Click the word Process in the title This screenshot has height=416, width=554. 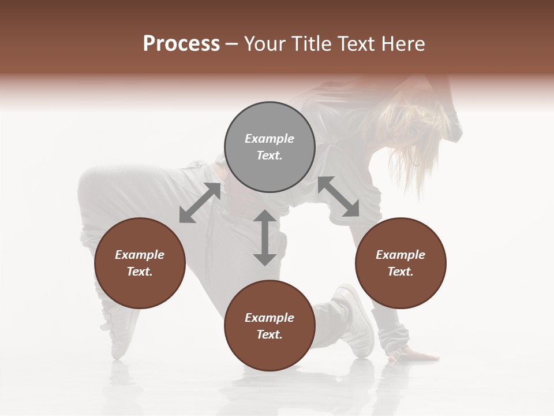click(x=181, y=44)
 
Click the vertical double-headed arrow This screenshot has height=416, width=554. click(x=265, y=237)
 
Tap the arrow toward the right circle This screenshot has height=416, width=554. click(x=338, y=196)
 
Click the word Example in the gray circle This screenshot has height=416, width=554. click(x=269, y=139)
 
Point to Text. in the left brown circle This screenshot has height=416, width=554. click(x=140, y=272)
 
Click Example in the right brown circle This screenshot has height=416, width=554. click(x=400, y=255)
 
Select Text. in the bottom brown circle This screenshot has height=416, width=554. click(x=269, y=335)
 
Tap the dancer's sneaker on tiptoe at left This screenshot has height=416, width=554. click(x=121, y=341)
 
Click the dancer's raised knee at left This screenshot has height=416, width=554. click(x=98, y=185)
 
